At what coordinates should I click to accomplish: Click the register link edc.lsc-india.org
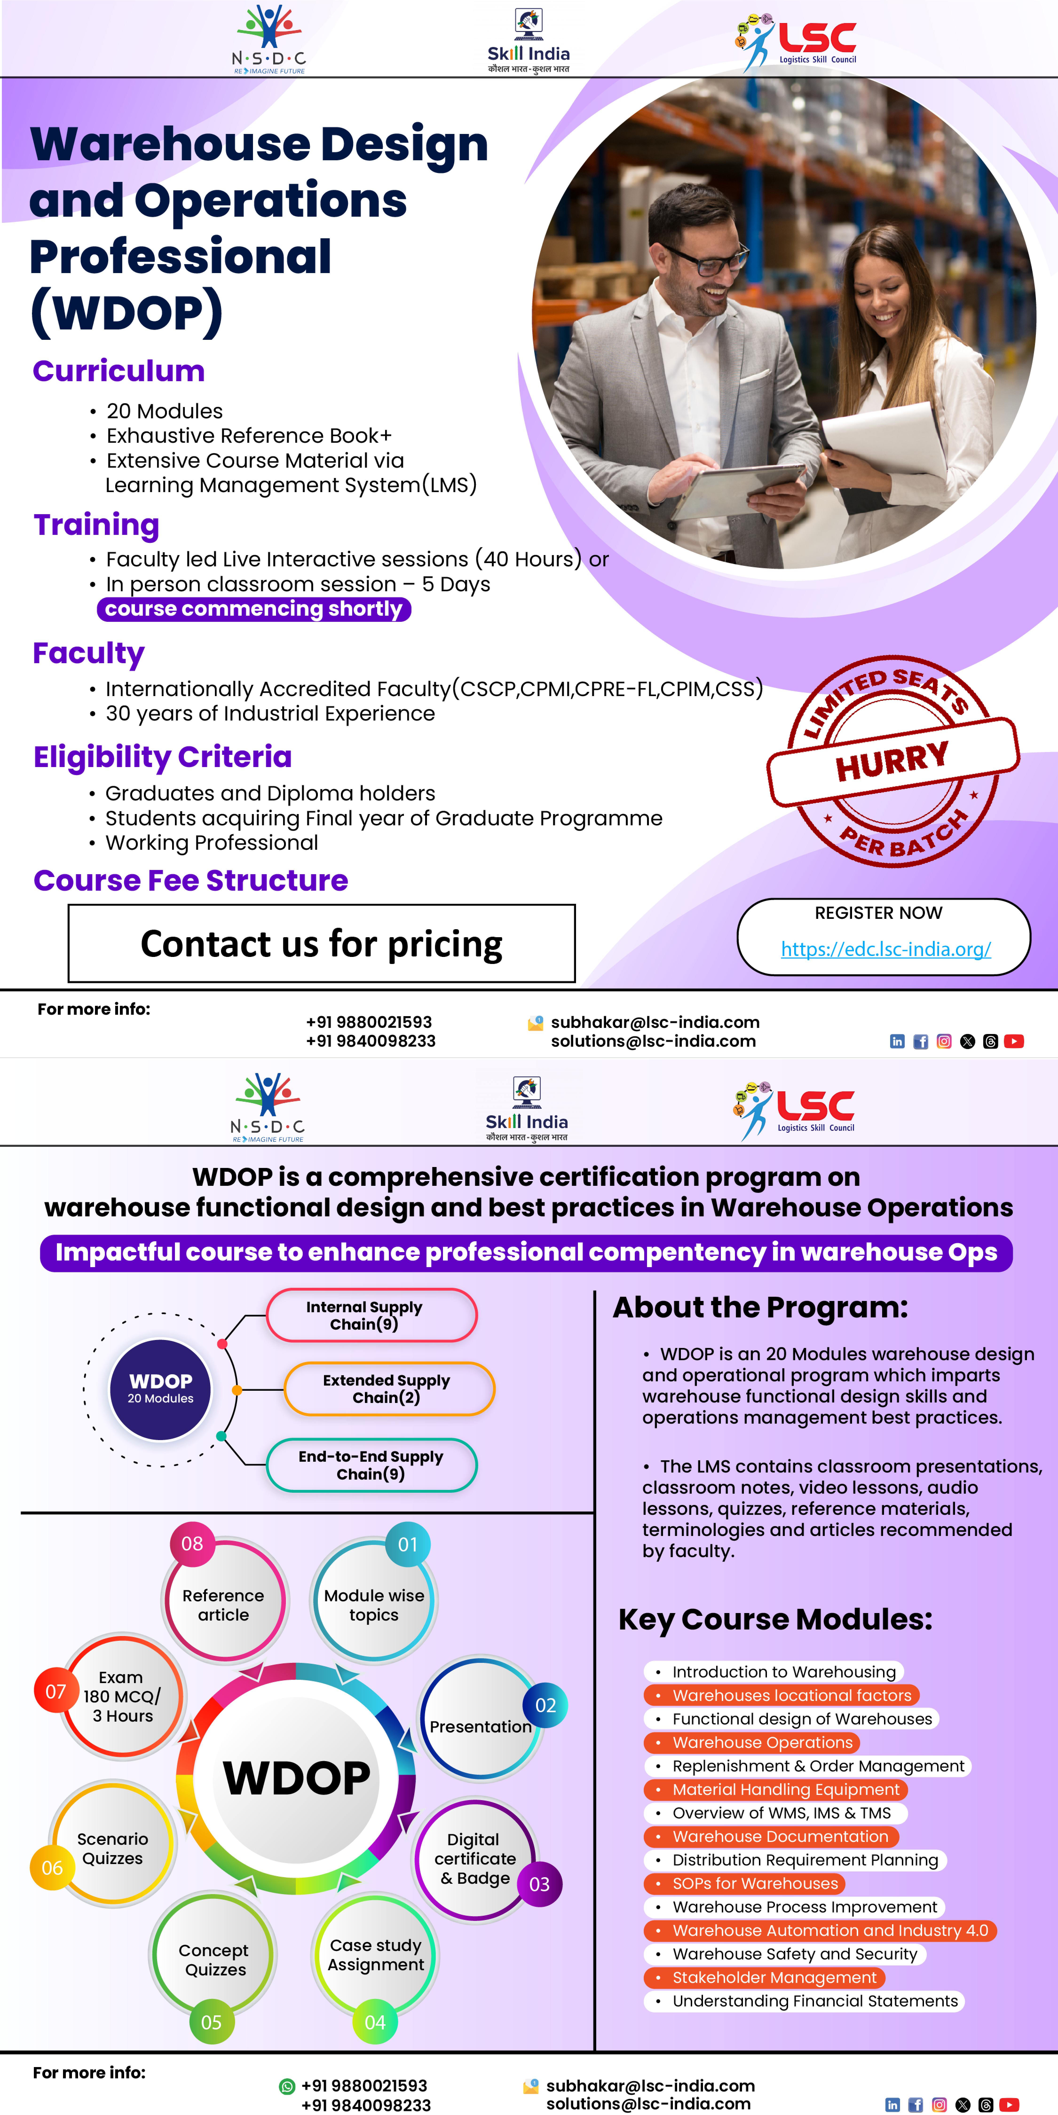885,949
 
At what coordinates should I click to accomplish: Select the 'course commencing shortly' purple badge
254,609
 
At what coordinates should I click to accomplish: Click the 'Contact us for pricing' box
321,943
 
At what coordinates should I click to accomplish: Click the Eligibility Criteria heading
163,757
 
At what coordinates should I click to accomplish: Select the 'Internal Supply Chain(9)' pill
371,1315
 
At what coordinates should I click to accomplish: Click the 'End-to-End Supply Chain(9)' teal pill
371,1465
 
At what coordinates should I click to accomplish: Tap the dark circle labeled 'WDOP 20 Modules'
160,1389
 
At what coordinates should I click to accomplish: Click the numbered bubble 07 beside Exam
55,1691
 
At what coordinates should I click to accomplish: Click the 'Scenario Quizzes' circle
113,1848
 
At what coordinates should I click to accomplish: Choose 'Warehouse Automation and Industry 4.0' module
830,1930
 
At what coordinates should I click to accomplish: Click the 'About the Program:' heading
760,1307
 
